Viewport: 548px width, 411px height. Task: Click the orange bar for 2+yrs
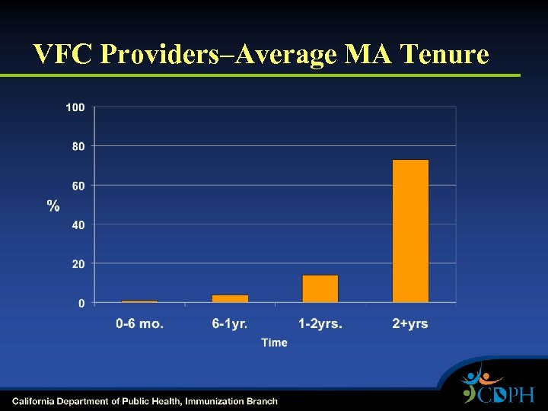pyautogui.click(x=410, y=231)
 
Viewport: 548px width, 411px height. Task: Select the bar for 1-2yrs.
pyautogui.click(x=320, y=289)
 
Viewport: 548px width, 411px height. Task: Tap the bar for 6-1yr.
pyautogui.click(x=230, y=298)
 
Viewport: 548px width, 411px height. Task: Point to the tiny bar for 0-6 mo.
pyautogui.click(x=139, y=301)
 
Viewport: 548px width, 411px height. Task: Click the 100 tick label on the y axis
pyautogui.click(x=75, y=107)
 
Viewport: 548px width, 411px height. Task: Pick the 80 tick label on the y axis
pyautogui.click(x=78, y=146)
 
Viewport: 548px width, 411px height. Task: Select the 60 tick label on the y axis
pyautogui.click(x=78, y=186)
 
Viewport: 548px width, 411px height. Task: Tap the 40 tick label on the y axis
pyautogui.click(x=78, y=225)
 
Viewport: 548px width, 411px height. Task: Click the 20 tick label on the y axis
pyautogui.click(x=78, y=264)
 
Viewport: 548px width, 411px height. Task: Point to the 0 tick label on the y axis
pyautogui.click(x=81, y=303)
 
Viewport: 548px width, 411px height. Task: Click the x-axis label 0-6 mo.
pyautogui.click(x=139, y=324)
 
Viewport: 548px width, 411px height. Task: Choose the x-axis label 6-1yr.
pyautogui.click(x=230, y=324)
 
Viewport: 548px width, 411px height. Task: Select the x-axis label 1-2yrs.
pyautogui.click(x=320, y=324)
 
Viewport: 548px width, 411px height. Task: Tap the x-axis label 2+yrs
pyautogui.click(x=410, y=324)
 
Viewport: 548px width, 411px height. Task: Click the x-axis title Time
pyautogui.click(x=275, y=343)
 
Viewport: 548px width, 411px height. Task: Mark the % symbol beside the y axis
pyautogui.click(x=53, y=205)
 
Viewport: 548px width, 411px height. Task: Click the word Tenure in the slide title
pyautogui.click(x=443, y=54)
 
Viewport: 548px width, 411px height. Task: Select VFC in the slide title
pyautogui.click(x=64, y=54)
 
